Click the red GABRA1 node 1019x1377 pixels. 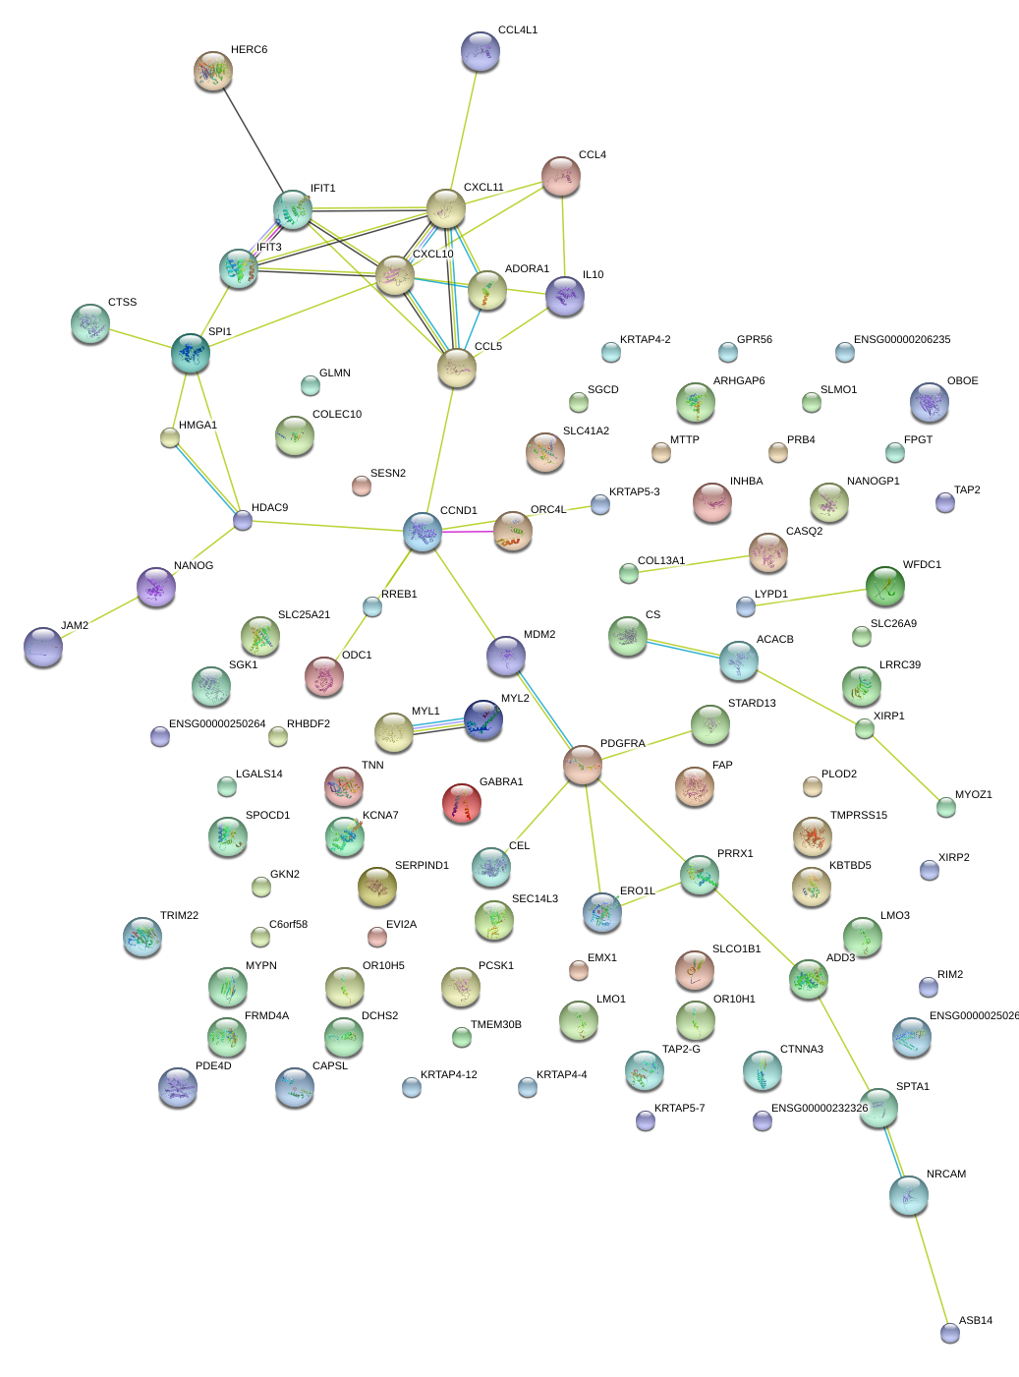tap(462, 803)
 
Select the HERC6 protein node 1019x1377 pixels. tap(213, 71)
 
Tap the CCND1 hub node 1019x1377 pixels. tap(423, 532)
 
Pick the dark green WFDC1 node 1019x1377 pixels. tap(885, 586)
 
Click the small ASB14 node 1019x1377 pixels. tap(949, 1333)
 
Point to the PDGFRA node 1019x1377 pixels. tap(583, 765)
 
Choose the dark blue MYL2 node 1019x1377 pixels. tap(483, 719)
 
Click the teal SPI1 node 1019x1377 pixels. tap(191, 353)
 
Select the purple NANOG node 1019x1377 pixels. tap(156, 587)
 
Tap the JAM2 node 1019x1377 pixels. tap(43, 647)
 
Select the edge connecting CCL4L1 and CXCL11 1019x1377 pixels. tap(464, 131)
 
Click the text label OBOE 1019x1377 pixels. tap(962, 380)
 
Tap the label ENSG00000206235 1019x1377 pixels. tap(902, 340)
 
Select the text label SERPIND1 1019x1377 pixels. tap(422, 865)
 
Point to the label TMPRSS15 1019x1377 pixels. tap(858, 815)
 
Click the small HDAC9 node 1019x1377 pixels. tap(243, 520)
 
